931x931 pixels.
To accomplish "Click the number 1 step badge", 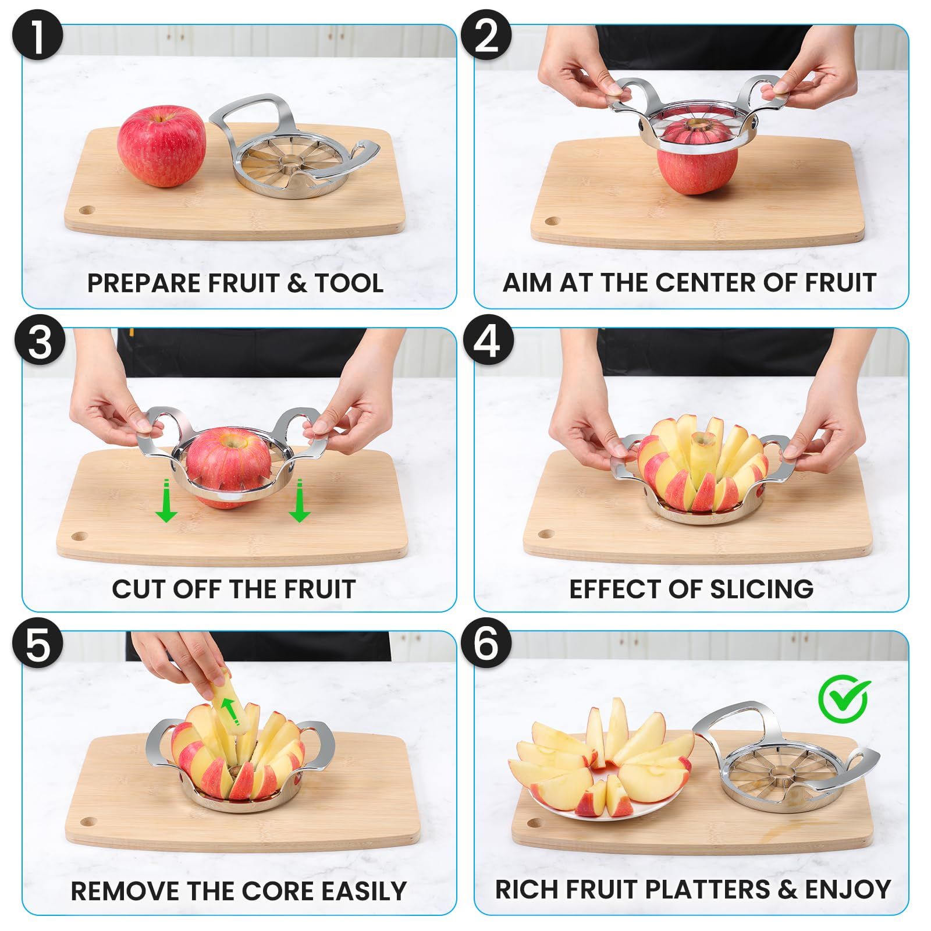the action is point(37,36).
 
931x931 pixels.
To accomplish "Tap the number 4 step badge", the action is point(488,340).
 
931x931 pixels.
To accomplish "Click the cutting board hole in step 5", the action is point(88,822).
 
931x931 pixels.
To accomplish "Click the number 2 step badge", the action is point(486,36).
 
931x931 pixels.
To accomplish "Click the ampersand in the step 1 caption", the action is point(297,283).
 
